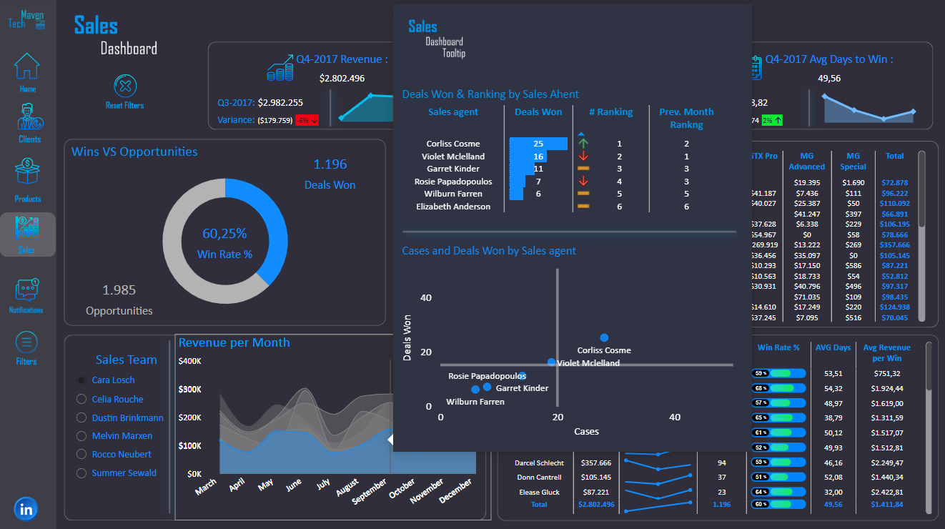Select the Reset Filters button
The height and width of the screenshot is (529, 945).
click(x=125, y=87)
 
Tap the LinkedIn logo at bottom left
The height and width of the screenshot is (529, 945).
click(x=26, y=509)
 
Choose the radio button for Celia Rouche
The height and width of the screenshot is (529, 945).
click(x=81, y=399)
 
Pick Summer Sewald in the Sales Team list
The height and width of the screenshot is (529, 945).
click(x=124, y=473)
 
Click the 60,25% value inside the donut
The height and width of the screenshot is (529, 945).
click(x=224, y=233)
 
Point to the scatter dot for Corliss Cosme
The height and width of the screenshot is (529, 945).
click(x=604, y=337)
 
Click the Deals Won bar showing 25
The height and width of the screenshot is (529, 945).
click(x=538, y=144)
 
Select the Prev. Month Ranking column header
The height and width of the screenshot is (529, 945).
click(x=686, y=118)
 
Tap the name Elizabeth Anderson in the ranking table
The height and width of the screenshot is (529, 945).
click(x=453, y=207)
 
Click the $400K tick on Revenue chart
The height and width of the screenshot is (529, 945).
click(x=189, y=361)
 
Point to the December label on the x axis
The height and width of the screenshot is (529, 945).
click(x=455, y=491)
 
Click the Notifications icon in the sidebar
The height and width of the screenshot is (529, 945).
click(x=26, y=290)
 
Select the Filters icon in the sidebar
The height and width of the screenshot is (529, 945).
click(x=26, y=343)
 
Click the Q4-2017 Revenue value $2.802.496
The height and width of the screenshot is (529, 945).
click(x=342, y=78)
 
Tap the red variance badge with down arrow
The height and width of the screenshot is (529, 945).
click(x=307, y=120)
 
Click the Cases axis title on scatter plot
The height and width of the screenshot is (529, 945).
click(x=586, y=431)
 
